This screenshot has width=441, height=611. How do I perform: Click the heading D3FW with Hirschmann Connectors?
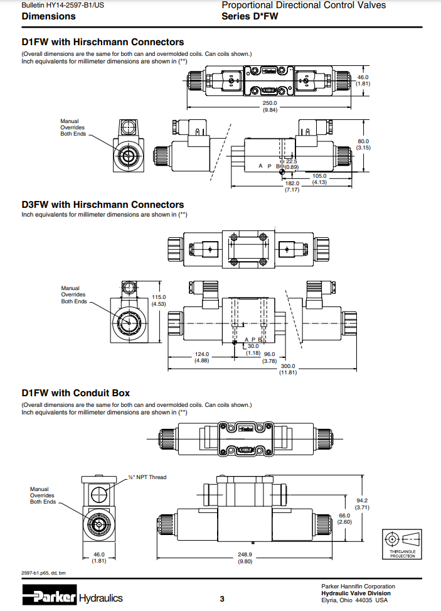(103, 205)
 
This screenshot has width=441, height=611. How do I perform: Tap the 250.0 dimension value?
(270, 103)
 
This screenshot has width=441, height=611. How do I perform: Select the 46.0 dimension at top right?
(363, 77)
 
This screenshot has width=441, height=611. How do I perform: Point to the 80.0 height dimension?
(363, 142)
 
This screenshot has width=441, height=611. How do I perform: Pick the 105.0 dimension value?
(320, 176)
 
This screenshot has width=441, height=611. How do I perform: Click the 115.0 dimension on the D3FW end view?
(159, 297)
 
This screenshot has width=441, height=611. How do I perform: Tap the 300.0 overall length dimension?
(288, 366)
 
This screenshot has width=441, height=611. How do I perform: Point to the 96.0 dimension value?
(269, 354)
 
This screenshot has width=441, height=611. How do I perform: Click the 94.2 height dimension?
(363, 500)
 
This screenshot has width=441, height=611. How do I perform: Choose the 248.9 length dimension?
(245, 554)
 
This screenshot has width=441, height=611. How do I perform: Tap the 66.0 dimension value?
(344, 516)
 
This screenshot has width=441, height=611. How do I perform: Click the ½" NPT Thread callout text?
(147, 477)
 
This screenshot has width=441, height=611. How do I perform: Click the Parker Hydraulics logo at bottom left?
(72, 598)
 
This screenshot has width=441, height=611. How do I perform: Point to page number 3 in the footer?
(221, 598)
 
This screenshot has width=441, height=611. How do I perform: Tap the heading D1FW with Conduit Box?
(76, 393)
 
